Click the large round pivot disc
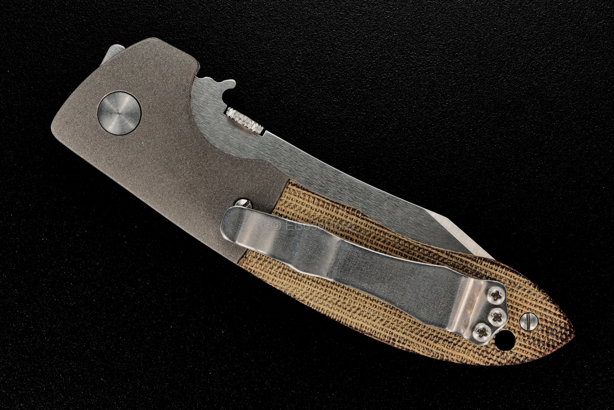(x=119, y=113)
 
